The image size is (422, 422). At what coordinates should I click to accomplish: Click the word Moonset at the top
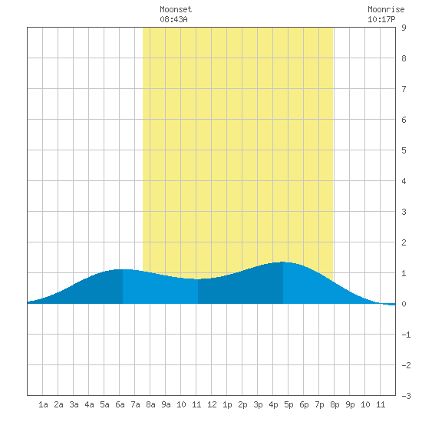(x=176, y=9)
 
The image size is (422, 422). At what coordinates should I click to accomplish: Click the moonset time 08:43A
(x=173, y=19)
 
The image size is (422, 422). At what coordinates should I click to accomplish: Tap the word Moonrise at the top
(x=386, y=9)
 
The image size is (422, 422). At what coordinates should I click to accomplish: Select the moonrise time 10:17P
(x=381, y=19)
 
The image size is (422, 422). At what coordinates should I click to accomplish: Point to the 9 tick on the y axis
(x=404, y=28)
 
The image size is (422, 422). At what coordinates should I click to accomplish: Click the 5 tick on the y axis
(x=404, y=150)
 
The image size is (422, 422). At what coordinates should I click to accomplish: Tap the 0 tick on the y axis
(x=404, y=304)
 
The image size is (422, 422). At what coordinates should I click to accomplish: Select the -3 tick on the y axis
(x=406, y=396)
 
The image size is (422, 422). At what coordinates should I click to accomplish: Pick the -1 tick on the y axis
(x=406, y=335)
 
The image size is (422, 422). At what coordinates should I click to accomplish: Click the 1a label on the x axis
(x=43, y=404)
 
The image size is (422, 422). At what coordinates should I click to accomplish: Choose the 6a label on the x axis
(x=120, y=404)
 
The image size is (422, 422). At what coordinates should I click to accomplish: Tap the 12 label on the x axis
(x=212, y=404)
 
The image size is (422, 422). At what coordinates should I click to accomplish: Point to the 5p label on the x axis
(x=288, y=404)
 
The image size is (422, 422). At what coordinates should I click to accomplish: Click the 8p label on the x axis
(x=335, y=404)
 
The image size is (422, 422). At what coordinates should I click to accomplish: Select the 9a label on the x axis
(x=166, y=404)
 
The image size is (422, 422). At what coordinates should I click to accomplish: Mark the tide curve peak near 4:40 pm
(x=283, y=262)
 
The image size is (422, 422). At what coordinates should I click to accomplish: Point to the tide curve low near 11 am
(x=198, y=279)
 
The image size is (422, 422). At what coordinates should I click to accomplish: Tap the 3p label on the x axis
(x=258, y=404)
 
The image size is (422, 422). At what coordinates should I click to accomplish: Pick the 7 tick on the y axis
(x=404, y=89)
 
